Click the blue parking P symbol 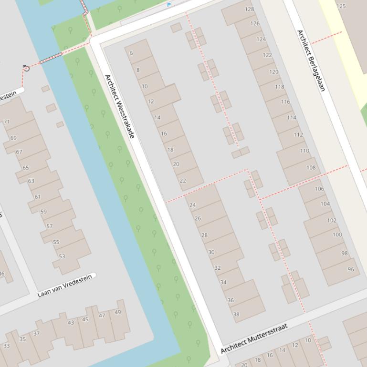point(168,5)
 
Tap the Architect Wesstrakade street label point(119,106)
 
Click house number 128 point(249,9)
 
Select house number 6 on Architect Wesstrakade point(131,53)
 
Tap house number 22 point(183,181)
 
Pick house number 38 point(236,314)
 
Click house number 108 point(311,167)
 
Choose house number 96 point(351,269)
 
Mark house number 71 point(7,122)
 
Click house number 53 point(62,256)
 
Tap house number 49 point(118,313)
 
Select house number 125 point(341,6)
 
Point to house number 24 point(192,205)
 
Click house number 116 point(285,102)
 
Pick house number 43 point(71,323)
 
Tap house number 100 point(337,234)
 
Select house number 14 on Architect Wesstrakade point(157,117)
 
